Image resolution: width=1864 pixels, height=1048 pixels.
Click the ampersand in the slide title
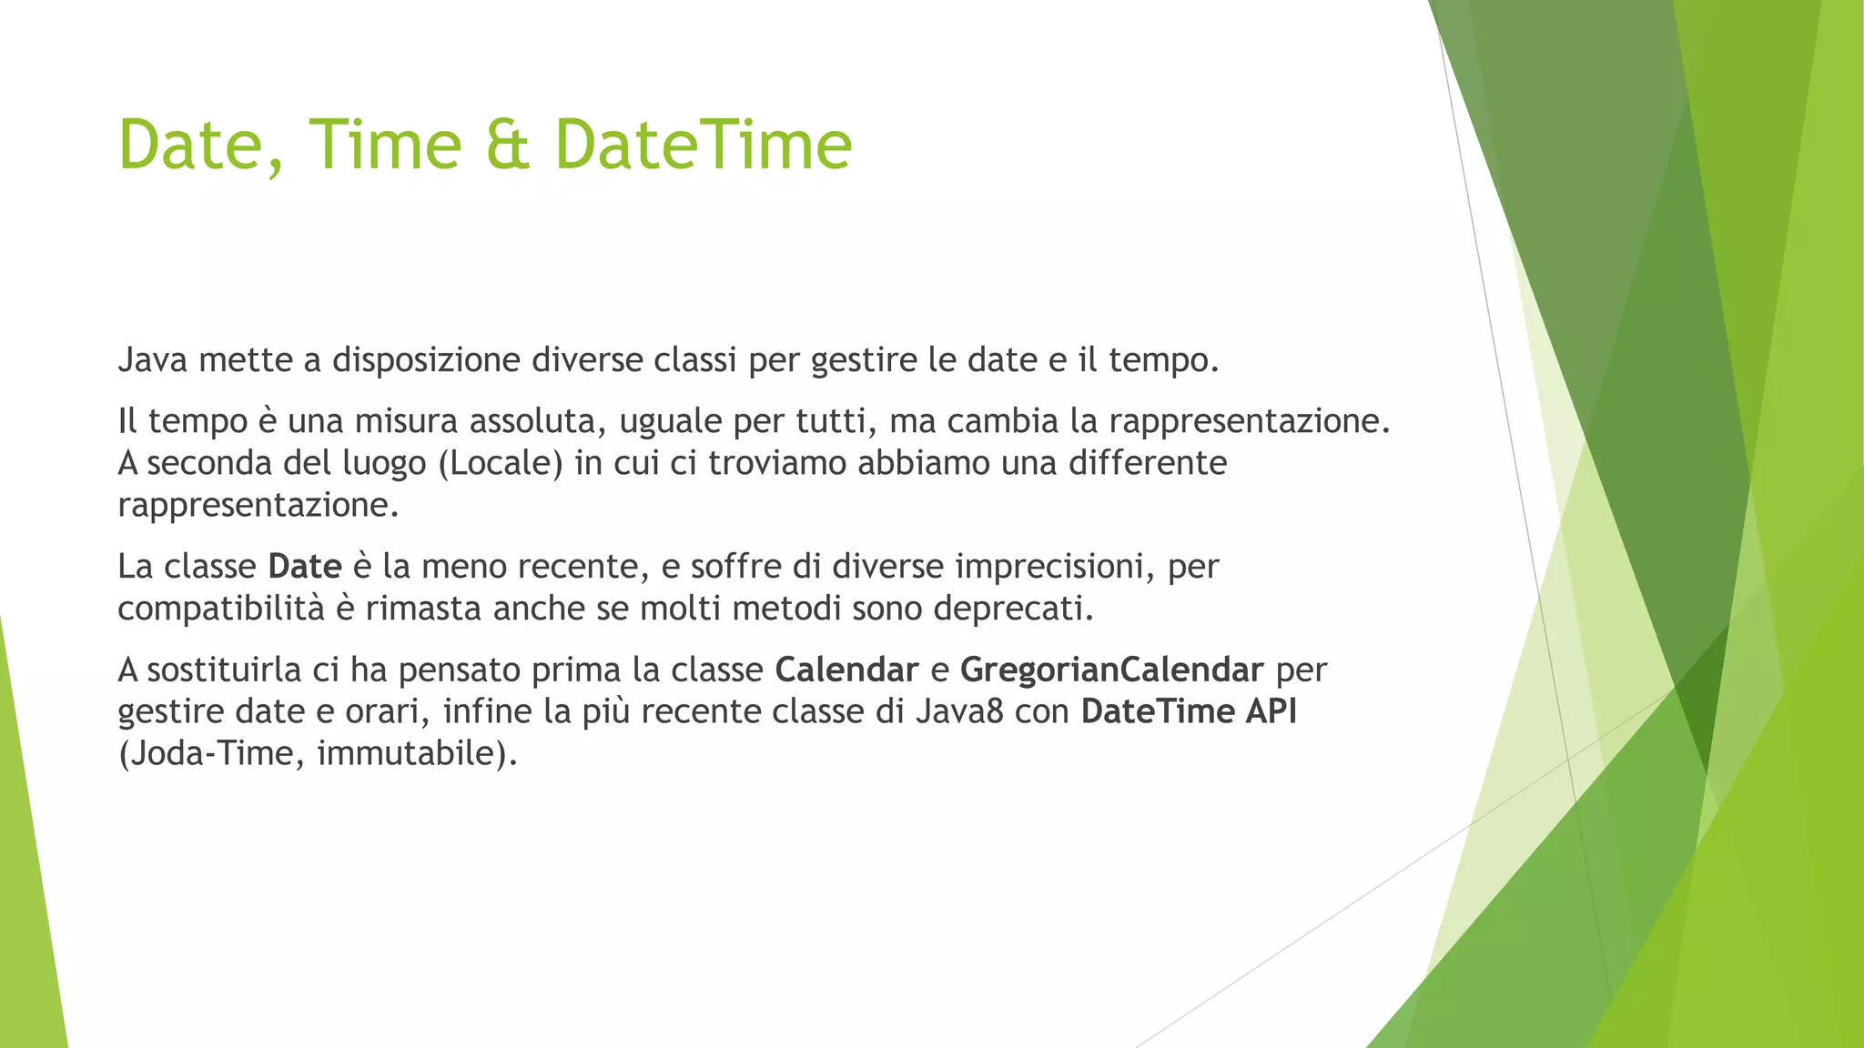[508, 146]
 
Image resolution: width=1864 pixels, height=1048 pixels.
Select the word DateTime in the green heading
[704, 146]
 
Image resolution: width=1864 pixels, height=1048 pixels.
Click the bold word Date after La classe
[304, 567]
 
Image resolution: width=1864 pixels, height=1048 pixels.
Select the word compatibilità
[220, 608]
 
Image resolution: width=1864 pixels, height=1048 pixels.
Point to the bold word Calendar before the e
[846, 670]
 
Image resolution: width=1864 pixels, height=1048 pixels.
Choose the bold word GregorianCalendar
[1111, 670]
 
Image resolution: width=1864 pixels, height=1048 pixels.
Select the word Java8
[959, 711]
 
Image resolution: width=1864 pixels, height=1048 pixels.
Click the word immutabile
[410, 753]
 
